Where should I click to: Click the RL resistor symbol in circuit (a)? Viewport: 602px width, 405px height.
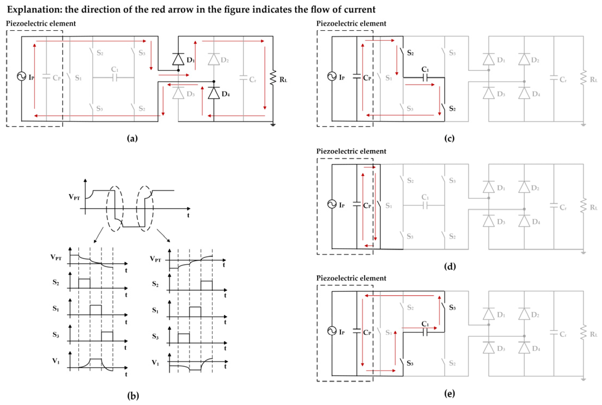pyautogui.click(x=273, y=78)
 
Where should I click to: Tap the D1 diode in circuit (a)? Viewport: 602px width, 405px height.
pyautogui.click(x=178, y=59)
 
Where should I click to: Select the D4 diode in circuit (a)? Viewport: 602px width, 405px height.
pyautogui.click(x=214, y=93)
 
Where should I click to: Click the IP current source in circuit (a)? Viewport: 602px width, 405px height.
pyautogui.click(x=22, y=76)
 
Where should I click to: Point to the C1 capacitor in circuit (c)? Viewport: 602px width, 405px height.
pyautogui.click(x=425, y=78)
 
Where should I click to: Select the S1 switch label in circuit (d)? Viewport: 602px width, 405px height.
pyautogui.click(x=388, y=206)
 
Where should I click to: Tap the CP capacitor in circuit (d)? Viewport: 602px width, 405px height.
pyautogui.click(x=357, y=205)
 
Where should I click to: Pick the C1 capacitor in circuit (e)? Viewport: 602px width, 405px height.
pyautogui.click(x=425, y=333)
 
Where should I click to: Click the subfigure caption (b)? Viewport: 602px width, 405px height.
pyautogui.click(x=133, y=396)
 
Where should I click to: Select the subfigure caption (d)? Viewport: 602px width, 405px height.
pyautogui.click(x=449, y=266)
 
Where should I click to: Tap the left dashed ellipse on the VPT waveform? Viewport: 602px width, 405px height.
pyautogui.click(x=115, y=209)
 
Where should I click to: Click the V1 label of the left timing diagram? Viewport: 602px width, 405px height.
pyautogui.click(x=56, y=361)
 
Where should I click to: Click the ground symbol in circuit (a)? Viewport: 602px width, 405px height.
pyautogui.click(x=273, y=125)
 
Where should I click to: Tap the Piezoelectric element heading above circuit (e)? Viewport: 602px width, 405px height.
pyautogui.click(x=351, y=278)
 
